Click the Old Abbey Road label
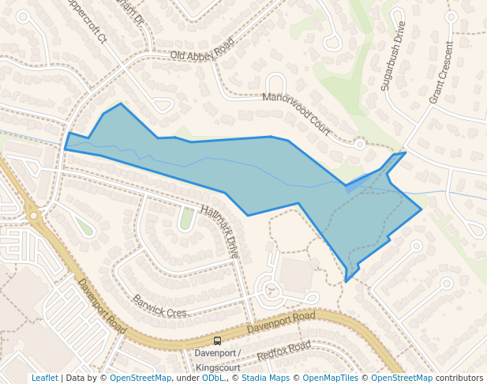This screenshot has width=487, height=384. click(x=202, y=49)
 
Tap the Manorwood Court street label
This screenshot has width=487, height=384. click(x=296, y=114)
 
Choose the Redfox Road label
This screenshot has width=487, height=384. click(x=283, y=352)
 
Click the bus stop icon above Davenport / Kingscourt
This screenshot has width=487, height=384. click(x=217, y=341)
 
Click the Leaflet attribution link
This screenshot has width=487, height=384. click(x=44, y=378)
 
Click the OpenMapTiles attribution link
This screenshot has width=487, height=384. click(x=332, y=378)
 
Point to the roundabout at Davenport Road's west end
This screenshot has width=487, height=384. click(x=33, y=215)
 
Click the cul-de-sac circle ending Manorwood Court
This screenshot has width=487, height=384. click(x=360, y=145)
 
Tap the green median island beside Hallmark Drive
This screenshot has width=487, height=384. click(x=186, y=218)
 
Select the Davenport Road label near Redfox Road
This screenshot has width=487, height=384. click(x=280, y=322)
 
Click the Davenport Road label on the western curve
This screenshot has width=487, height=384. click(x=102, y=305)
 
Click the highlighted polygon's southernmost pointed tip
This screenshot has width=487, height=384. click(x=347, y=280)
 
